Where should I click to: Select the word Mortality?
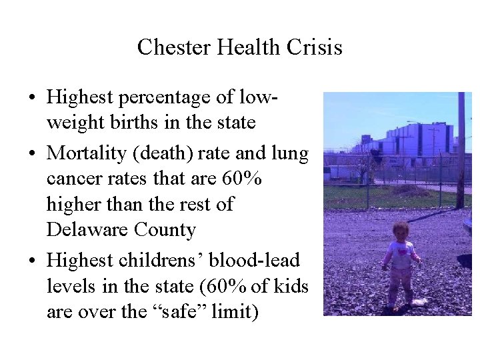(x=88, y=153)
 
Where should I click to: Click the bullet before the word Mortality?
(x=33, y=154)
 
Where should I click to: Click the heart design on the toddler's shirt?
(x=403, y=253)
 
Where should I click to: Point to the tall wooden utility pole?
(x=461, y=150)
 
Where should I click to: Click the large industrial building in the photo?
(x=407, y=141)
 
